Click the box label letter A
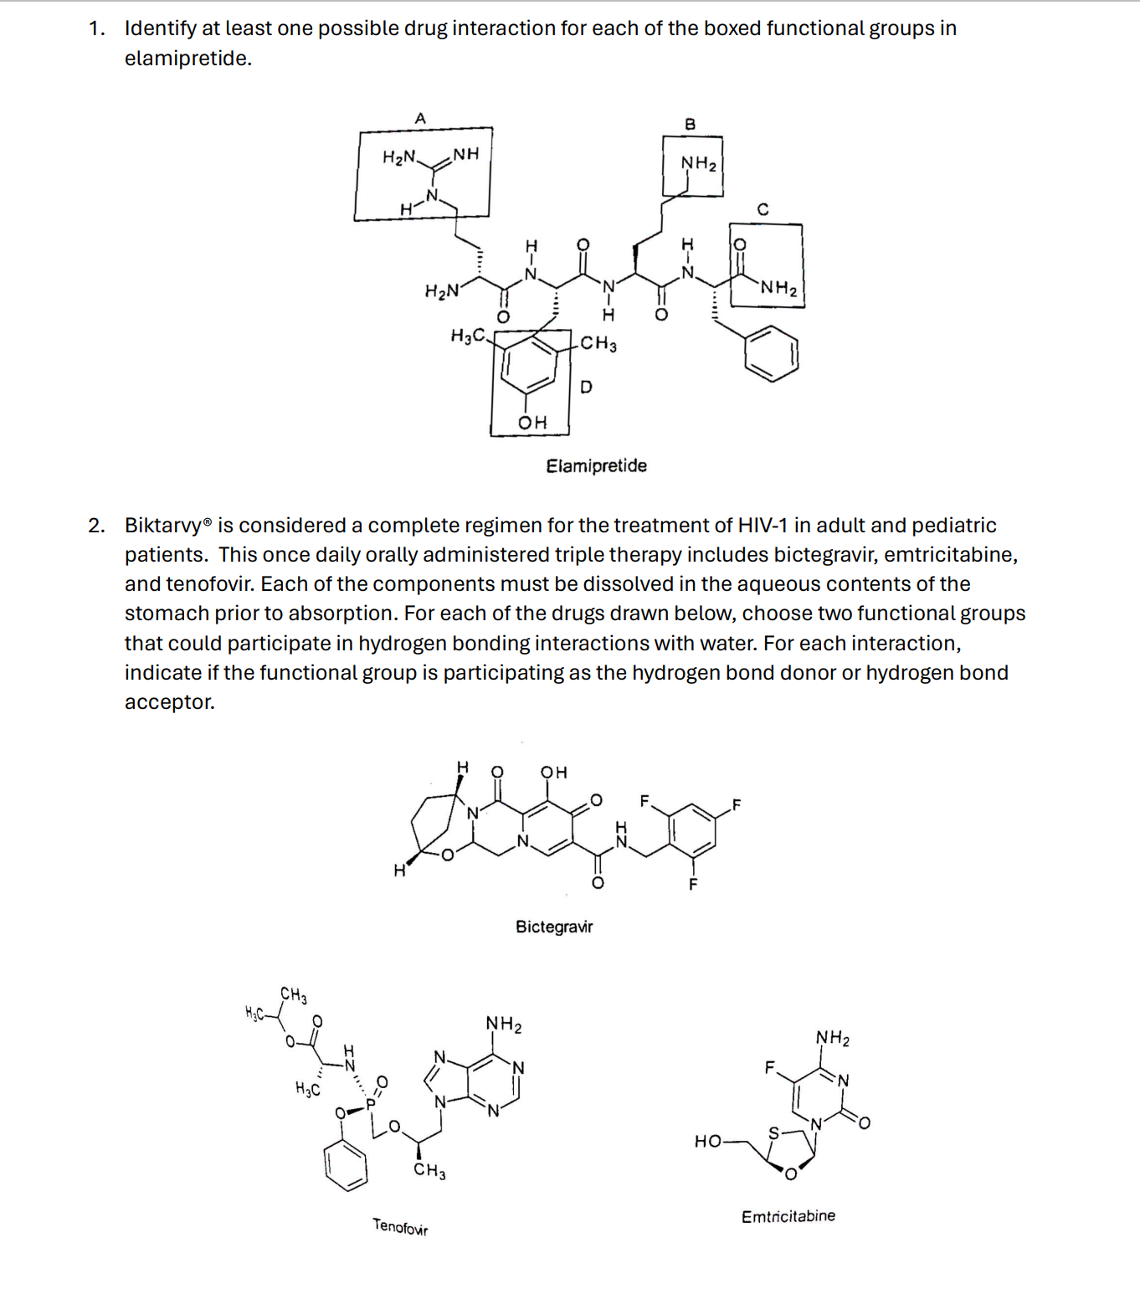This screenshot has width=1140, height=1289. [x=420, y=119]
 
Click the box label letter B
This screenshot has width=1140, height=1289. [x=690, y=125]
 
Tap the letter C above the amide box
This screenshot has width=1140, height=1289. [x=763, y=209]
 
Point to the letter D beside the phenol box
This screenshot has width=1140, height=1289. [x=586, y=387]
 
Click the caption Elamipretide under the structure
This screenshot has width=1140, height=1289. [x=596, y=465]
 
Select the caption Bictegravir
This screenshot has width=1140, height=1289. [x=554, y=927]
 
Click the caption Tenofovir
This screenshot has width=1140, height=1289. [x=400, y=1227]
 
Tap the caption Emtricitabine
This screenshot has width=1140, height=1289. [x=788, y=1216]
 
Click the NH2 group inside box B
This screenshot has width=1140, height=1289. [x=698, y=163]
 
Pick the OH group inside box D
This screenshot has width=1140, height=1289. [x=532, y=423]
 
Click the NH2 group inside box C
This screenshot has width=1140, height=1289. [x=779, y=288]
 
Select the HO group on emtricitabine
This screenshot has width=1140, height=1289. [x=707, y=1141]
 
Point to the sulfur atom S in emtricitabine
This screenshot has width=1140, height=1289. [x=774, y=1132]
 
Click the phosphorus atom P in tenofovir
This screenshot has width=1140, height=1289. [x=370, y=1104]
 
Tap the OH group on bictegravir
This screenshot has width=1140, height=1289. [x=553, y=772]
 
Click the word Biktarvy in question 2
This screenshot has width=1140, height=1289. [x=163, y=526]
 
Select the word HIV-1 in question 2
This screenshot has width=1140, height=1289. [x=763, y=526]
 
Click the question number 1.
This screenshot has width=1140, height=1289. [x=96, y=28]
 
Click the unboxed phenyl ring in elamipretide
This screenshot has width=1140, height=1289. [x=772, y=353]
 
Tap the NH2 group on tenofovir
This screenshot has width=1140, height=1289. [x=504, y=1024]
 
